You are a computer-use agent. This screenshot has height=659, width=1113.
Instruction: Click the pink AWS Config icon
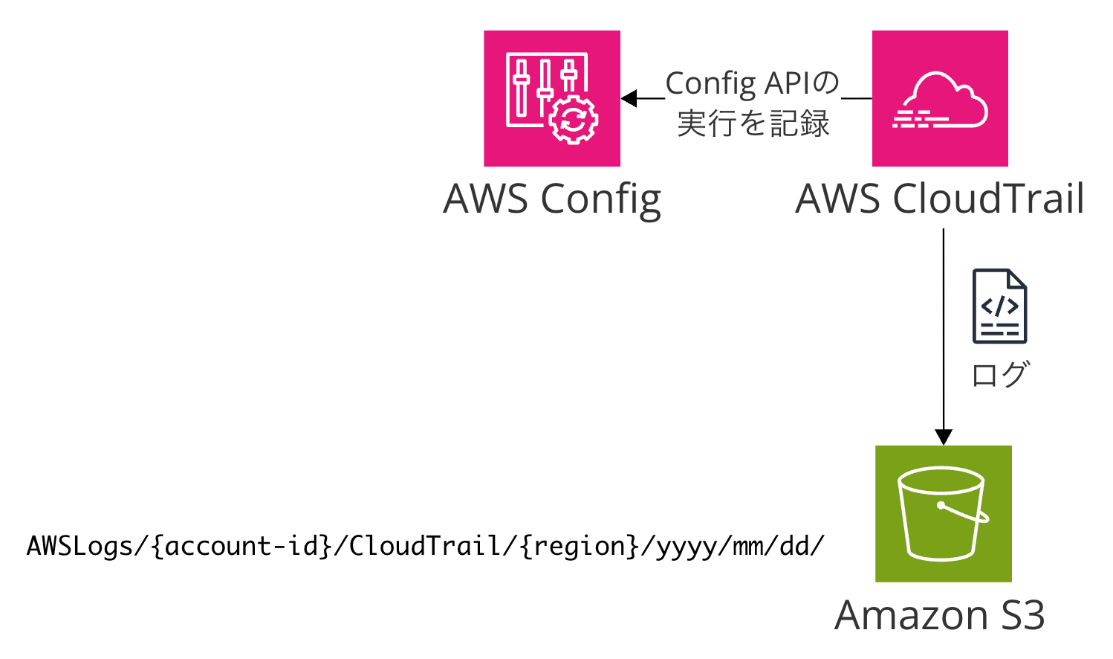(x=551, y=98)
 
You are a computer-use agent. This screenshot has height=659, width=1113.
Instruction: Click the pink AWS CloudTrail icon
(x=939, y=98)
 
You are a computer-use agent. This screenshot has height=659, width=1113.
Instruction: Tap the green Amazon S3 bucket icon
(x=943, y=513)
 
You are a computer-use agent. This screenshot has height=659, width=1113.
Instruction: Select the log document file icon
(x=999, y=306)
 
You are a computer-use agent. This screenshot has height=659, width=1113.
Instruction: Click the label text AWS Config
(x=551, y=199)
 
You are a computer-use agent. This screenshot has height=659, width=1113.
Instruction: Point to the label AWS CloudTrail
(x=939, y=199)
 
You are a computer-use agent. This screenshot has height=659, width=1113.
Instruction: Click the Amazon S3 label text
(x=939, y=615)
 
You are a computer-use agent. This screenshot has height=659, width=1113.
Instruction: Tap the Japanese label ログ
(x=999, y=374)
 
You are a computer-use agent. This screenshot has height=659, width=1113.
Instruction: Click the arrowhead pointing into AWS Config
(x=629, y=98)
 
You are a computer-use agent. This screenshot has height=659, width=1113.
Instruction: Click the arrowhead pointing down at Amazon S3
(x=943, y=437)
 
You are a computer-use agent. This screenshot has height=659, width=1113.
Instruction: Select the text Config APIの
(x=752, y=83)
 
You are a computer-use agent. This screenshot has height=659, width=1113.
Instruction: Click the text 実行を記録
(x=753, y=123)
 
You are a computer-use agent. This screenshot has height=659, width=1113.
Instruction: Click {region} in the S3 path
(x=580, y=547)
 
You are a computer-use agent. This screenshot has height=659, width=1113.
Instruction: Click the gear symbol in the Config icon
(x=573, y=120)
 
